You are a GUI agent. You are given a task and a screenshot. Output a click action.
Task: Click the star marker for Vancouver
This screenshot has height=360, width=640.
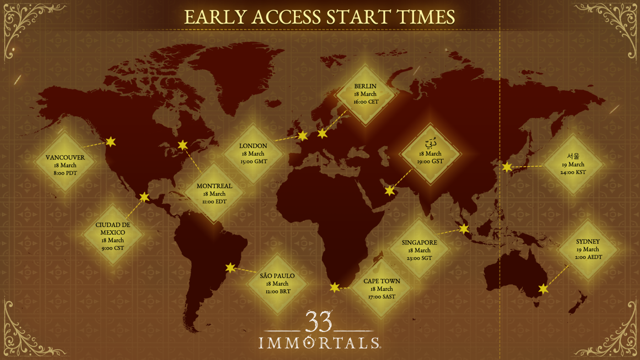coord(111,142)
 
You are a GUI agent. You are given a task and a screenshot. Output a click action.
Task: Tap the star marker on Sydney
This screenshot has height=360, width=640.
coord(543,289)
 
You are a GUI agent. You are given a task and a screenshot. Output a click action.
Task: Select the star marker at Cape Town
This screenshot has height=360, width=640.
coord(335,287)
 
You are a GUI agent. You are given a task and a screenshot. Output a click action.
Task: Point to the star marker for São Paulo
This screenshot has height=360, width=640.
coord(230,268)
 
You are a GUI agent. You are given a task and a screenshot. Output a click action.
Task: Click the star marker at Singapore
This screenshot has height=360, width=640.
coord(464,229)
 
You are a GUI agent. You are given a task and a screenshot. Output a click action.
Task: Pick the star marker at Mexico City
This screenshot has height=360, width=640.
coord(144,197)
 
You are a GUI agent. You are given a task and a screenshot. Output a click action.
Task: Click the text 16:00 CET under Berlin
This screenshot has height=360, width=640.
coord(366,102)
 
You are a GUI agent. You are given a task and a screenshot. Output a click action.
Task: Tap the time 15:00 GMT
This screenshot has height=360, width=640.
coord(254,162)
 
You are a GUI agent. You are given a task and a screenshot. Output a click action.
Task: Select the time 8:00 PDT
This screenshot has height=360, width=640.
coord(65,173)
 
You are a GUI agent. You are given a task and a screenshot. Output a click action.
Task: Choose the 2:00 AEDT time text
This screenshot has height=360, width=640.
coord(588,257)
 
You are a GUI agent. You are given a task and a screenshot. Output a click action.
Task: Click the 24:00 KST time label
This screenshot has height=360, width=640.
coord(573,172)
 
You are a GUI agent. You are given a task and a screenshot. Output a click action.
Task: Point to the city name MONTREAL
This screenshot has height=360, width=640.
coord(214,186)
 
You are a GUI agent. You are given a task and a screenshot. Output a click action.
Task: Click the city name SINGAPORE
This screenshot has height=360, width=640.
coord(419,243)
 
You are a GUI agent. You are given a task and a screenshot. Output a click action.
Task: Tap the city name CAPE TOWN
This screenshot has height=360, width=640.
coord(382,281)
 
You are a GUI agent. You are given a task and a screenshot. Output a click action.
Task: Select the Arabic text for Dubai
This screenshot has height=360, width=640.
coord(431,143)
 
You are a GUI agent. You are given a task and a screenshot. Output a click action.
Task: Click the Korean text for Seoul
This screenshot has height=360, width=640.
coord(573,156)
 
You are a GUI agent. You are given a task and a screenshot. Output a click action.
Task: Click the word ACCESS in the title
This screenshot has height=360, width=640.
coord(286,17)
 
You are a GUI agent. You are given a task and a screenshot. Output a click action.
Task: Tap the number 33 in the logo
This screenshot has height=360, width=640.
coord(319,321)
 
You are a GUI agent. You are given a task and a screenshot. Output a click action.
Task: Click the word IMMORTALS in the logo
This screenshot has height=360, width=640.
coord(319,343)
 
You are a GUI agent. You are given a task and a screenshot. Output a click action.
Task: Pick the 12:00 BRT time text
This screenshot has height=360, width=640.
coord(278,291)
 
